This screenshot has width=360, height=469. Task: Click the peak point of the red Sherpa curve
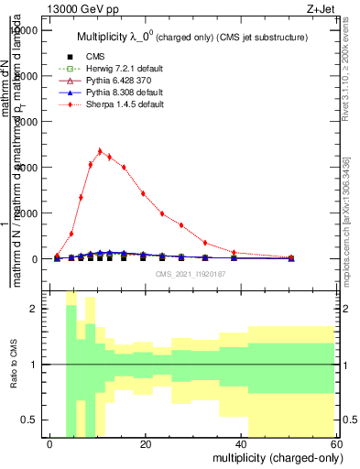click(x=100, y=151)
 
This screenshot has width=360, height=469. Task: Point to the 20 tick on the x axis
click(x=146, y=443)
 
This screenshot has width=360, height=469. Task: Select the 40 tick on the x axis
click(x=242, y=443)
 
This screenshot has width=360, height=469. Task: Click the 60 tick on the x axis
click(x=337, y=443)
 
